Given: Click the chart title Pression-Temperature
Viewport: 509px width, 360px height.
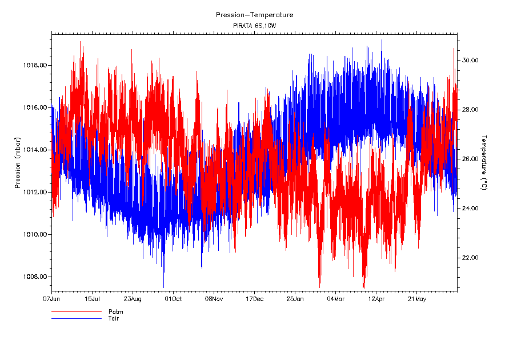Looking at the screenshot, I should (x=254, y=15).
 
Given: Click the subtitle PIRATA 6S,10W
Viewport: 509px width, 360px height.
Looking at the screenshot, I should (x=254, y=26).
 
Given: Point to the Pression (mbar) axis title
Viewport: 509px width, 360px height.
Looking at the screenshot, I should (x=18, y=164).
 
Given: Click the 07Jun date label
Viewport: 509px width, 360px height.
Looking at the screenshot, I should (x=51, y=298).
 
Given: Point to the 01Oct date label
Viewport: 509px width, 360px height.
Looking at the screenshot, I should (x=173, y=298).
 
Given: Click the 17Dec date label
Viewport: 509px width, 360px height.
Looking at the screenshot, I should (x=254, y=298).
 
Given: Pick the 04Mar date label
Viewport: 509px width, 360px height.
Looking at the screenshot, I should (x=335, y=298).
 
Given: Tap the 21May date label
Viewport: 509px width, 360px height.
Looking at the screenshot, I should (x=416, y=298).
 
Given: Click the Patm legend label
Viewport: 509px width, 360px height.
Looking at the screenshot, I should (x=115, y=312).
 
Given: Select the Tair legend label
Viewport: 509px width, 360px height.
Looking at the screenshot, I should (x=114, y=318).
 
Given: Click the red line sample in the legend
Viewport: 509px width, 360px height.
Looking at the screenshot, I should (x=76, y=312).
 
